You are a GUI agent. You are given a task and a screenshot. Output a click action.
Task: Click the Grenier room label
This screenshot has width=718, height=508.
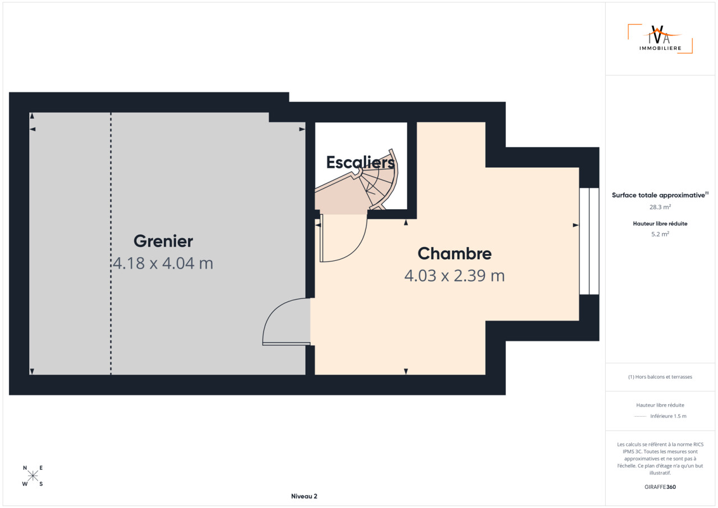click(x=163, y=241)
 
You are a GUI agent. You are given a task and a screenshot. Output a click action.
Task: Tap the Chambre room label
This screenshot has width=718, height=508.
click(x=454, y=253)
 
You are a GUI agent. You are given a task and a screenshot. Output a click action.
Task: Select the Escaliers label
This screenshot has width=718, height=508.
click(x=360, y=163)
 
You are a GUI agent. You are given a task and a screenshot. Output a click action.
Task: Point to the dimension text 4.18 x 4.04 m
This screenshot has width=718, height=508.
click(x=163, y=264)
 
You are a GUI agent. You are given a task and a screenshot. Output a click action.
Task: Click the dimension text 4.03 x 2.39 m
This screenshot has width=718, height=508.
click(x=454, y=276)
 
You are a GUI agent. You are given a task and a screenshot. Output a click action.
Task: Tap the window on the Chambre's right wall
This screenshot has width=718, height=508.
click(x=589, y=241)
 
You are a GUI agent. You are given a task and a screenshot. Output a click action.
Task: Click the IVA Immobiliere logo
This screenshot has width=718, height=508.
click(x=660, y=39)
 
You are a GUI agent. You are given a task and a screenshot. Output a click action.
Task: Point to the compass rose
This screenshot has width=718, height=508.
click(x=33, y=476)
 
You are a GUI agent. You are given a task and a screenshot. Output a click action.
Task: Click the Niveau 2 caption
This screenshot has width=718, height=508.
click(x=304, y=496)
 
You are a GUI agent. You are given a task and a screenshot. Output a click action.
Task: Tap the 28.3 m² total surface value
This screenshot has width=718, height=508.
click(x=660, y=207)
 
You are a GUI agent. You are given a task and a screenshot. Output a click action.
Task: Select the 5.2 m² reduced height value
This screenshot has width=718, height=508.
click(x=660, y=234)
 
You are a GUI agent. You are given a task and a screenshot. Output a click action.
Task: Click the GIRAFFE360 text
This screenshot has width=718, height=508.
click(x=660, y=487)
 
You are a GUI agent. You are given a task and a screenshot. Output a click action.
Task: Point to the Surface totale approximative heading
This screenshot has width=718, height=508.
click(x=660, y=195)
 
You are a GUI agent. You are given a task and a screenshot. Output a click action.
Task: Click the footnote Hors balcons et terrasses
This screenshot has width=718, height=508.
click(x=660, y=377)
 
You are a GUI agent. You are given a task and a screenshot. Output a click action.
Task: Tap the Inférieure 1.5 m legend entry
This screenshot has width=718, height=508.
click(x=668, y=416)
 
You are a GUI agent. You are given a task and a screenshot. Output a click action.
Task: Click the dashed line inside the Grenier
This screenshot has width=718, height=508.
click(x=111, y=243)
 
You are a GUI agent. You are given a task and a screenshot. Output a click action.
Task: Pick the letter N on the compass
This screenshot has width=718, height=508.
click(x=25, y=468)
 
